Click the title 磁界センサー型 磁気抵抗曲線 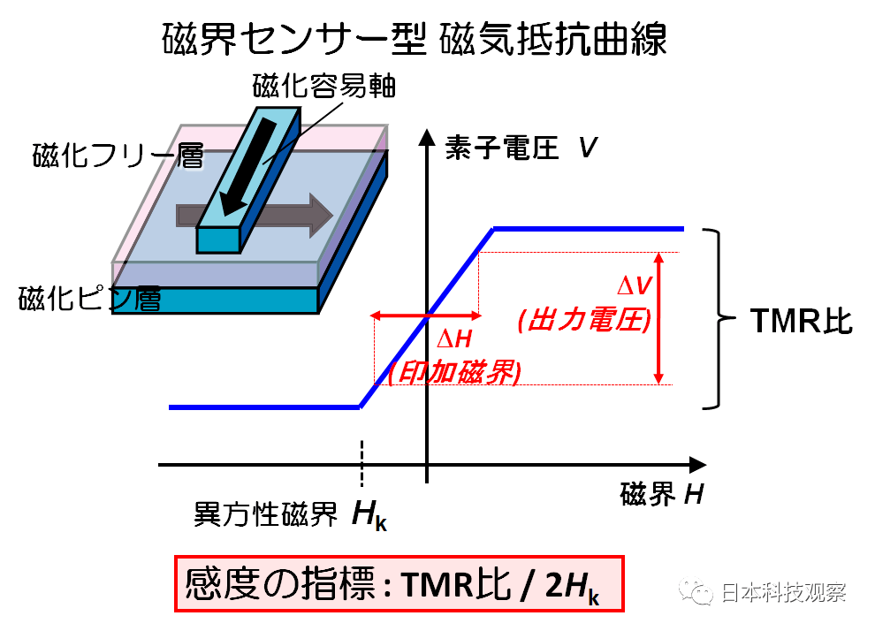414,39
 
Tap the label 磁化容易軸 324,86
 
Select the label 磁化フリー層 118,155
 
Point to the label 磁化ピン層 89,299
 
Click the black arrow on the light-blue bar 248,166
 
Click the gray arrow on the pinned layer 255,216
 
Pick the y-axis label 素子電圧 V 521,148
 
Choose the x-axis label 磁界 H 662,494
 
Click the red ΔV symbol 634,285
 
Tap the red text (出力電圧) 584,320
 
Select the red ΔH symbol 454,339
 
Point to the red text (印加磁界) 454,372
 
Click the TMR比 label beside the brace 802,321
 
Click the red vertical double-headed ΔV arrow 659,318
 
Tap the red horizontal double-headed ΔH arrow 426,316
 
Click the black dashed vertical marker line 361,462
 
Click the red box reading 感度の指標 399,583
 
